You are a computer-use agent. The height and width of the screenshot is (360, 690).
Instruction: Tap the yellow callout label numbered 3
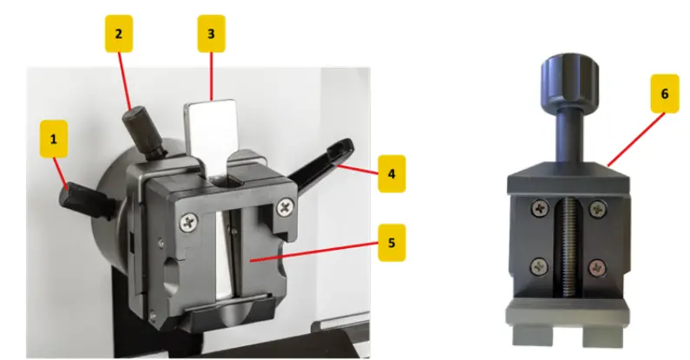point(211,36)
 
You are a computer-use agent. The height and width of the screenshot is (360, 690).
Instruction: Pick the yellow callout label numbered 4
point(391,173)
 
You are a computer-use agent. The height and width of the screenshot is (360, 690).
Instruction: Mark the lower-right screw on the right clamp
point(597,266)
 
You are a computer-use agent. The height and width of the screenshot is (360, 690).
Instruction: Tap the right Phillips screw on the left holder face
point(283,208)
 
